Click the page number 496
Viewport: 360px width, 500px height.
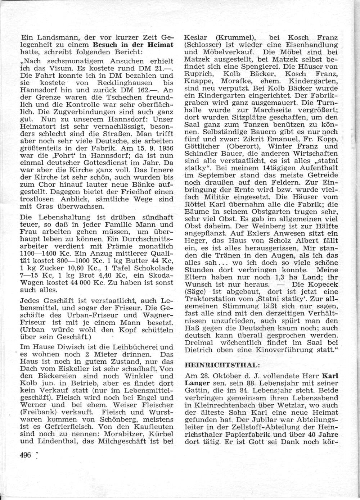click(26, 455)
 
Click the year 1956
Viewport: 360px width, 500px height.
click(165, 148)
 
